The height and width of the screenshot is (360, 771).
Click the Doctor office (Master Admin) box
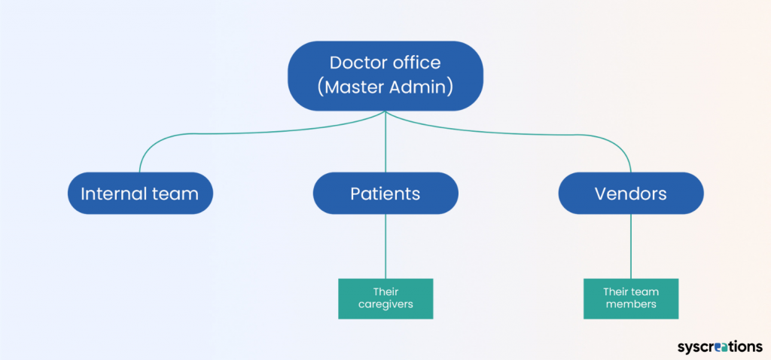coord(385,75)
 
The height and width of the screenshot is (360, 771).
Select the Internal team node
coord(140,194)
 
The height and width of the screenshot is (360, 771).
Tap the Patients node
coord(385,194)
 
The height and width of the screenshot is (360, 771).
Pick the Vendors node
coord(631,194)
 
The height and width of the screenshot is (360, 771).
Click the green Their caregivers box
coord(385,298)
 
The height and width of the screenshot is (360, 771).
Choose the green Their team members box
coord(631,298)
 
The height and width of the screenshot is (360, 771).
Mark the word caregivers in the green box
coord(385,304)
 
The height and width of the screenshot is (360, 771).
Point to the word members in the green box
coord(631,304)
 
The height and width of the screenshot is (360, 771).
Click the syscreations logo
coord(719,346)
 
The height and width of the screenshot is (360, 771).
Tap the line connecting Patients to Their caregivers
coord(385,246)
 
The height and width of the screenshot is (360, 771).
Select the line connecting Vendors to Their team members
coord(631,246)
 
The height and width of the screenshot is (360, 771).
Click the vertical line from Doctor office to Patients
coord(385,143)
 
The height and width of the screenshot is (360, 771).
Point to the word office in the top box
coord(419,63)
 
